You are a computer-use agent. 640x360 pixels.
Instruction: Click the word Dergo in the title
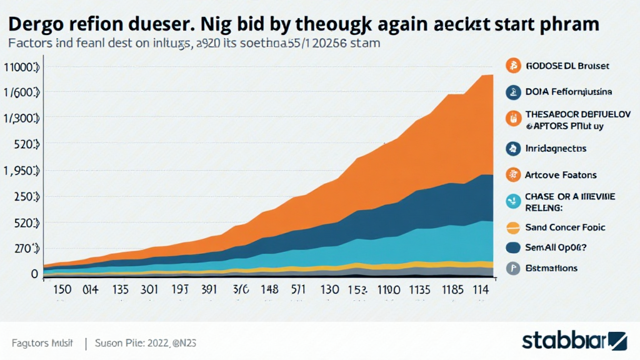coord(38,24)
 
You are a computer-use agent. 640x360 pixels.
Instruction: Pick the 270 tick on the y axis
coord(22,249)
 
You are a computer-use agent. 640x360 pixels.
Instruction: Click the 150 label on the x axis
coord(64,289)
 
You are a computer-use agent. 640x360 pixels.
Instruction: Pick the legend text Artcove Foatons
coord(561,175)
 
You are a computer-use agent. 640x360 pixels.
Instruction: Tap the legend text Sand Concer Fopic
coord(564,227)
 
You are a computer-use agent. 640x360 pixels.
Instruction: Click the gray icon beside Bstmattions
coord(512,268)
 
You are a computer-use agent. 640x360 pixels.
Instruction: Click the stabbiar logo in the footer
coord(574,341)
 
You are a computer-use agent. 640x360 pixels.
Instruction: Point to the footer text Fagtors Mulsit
coord(42,343)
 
